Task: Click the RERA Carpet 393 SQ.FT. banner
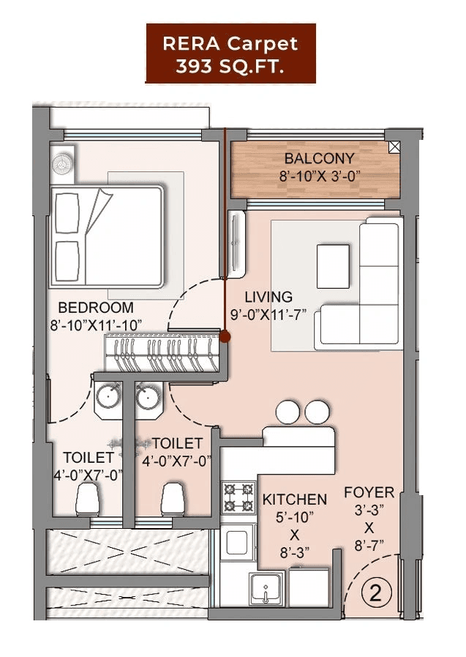point(230,53)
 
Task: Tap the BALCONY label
point(319,158)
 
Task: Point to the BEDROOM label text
point(96,308)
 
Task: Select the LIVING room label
point(268,297)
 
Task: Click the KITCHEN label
point(294,500)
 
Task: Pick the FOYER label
point(369,492)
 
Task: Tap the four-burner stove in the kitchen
point(238,497)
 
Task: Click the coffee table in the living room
point(333,265)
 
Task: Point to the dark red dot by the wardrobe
point(225,337)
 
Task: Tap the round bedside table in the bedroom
point(63,163)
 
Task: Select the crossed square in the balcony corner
point(395,146)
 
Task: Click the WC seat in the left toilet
point(86,500)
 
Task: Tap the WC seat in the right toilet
point(173,500)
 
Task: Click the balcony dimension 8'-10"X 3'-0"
point(320,176)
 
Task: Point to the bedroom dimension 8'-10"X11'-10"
point(96,324)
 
